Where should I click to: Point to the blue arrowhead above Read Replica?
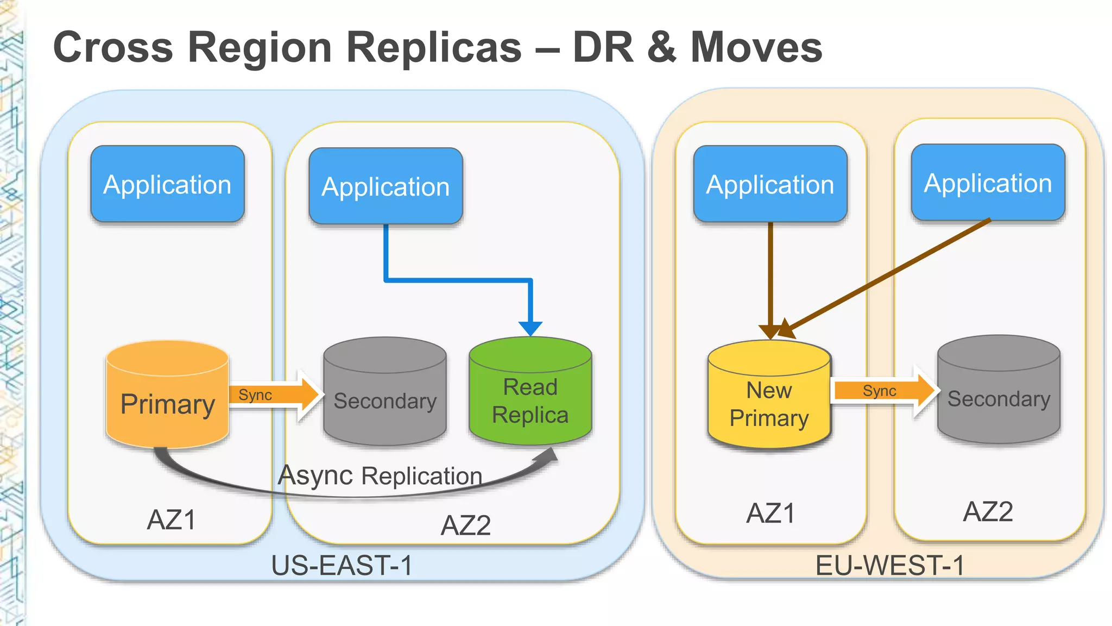tap(530, 328)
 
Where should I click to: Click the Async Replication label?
tap(380, 475)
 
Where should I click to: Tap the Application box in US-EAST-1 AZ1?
tap(167, 184)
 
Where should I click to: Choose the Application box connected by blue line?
tap(386, 186)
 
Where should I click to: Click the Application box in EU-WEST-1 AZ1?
tap(770, 184)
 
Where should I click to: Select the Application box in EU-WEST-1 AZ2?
tap(988, 183)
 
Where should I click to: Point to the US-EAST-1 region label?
tap(342, 565)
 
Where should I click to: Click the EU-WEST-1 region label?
tap(890, 565)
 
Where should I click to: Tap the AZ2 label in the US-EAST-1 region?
tap(466, 525)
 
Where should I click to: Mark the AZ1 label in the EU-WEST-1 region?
tap(770, 514)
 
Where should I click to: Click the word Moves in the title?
tap(756, 47)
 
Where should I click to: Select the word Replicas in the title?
tap(434, 47)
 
